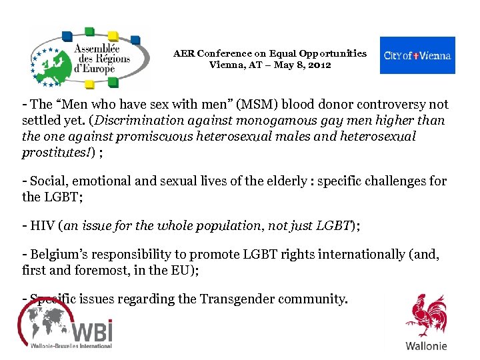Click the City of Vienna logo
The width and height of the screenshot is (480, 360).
[417, 55]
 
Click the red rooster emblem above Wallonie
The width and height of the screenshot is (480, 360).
[427, 315]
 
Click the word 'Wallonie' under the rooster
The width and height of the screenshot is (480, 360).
[427, 346]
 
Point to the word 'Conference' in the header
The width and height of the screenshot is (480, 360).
[225, 53]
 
